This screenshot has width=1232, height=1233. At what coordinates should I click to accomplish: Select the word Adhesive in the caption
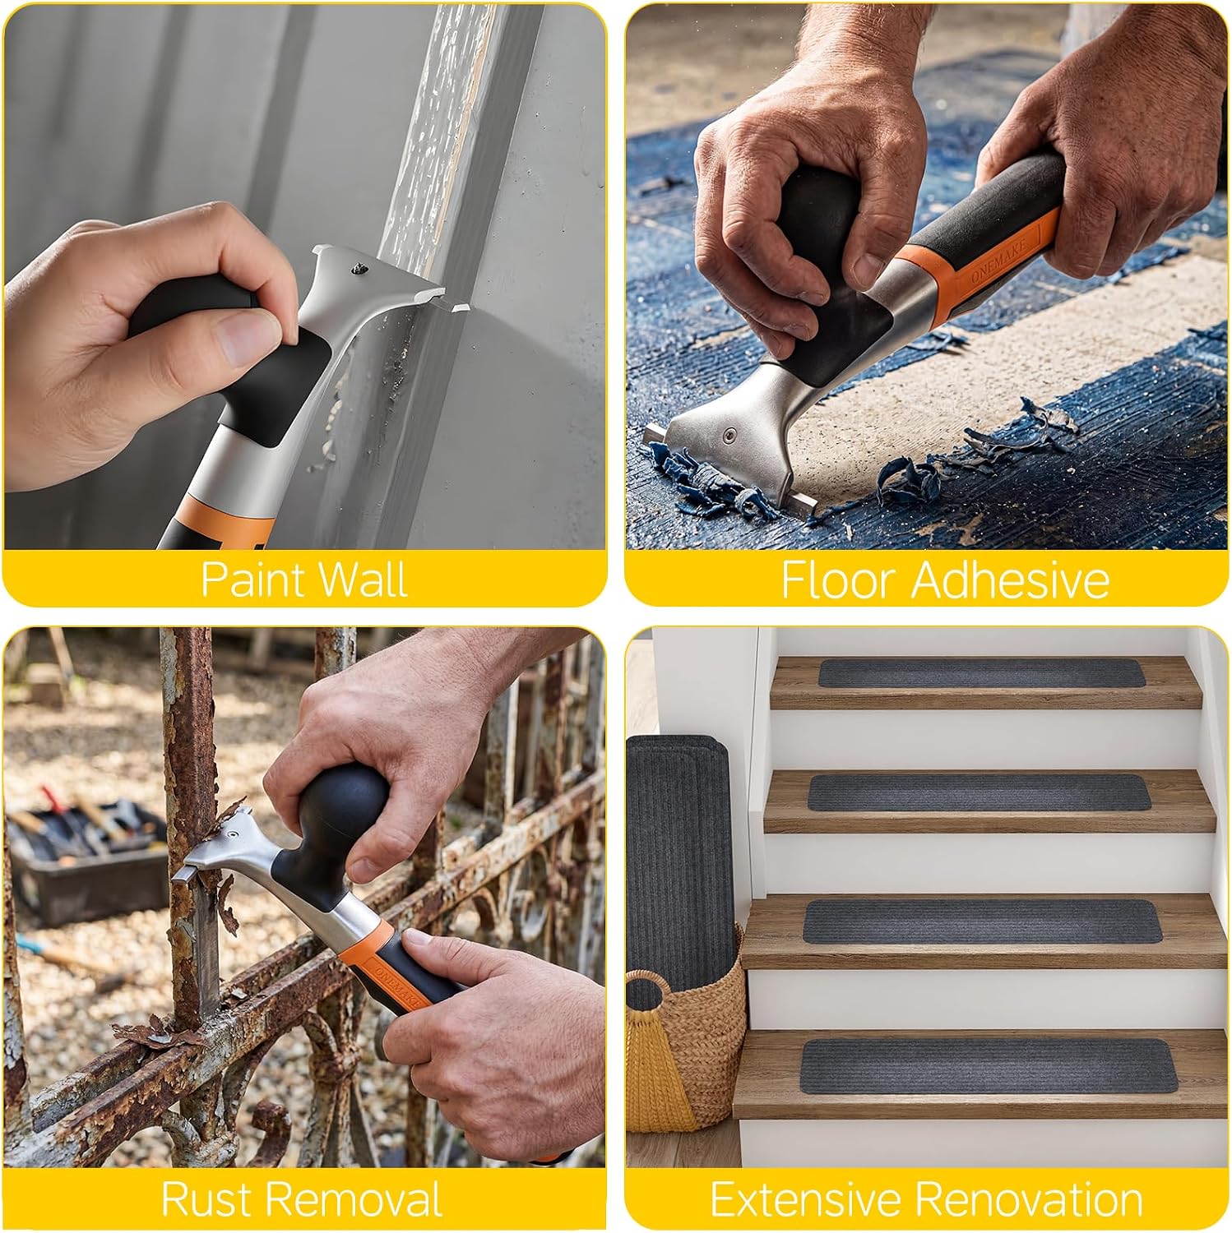pos(1010,580)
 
